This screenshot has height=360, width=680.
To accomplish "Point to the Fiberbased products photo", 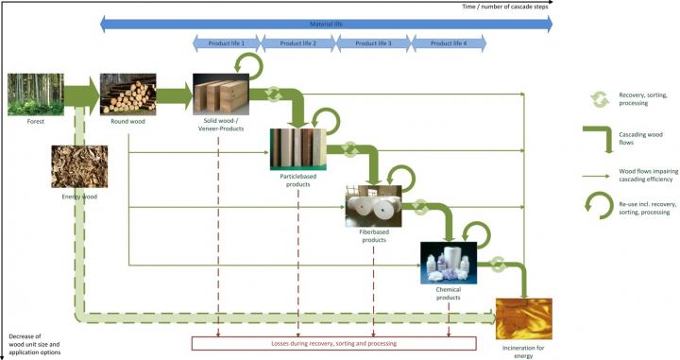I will [373, 206].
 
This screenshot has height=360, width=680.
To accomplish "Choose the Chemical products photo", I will [447, 267].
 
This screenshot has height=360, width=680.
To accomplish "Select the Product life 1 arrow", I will [226, 43].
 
